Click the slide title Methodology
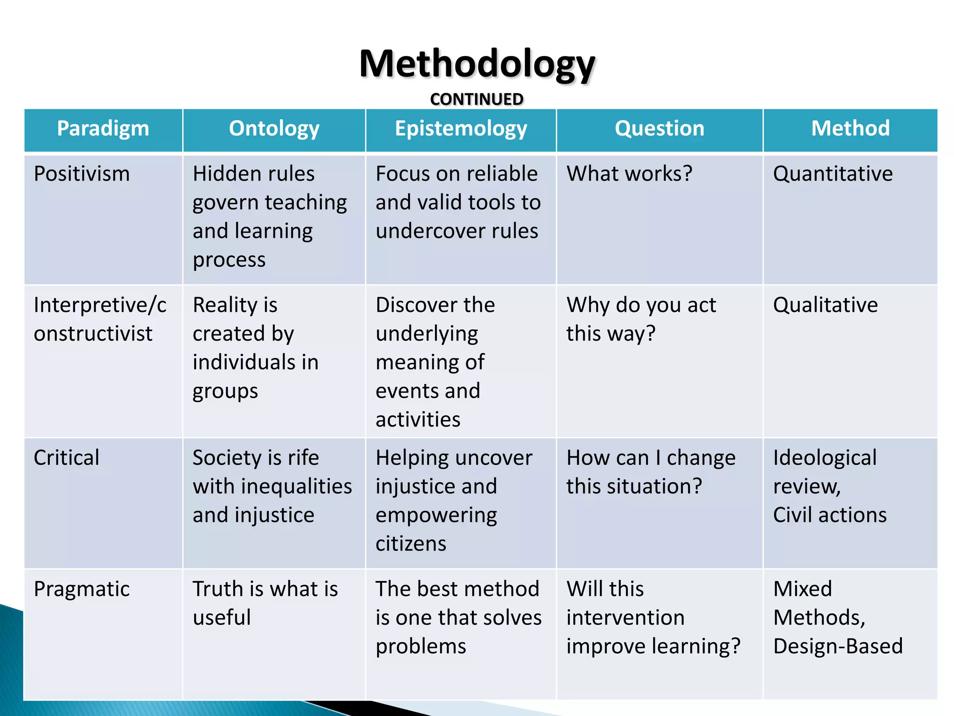coord(477,64)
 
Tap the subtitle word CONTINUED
coord(477,99)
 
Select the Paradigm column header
coord(103,129)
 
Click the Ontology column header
coord(274,129)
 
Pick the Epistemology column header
coord(461,129)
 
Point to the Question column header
coord(659,129)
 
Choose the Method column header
coord(850,129)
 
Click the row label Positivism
coord(82,174)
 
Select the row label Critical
coord(67,458)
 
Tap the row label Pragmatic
coord(82,589)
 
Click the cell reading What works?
coord(629,174)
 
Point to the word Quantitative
coord(833,174)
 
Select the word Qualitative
coord(825,305)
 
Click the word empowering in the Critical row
coord(436,516)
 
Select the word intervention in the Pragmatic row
coord(625,618)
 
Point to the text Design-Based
coord(838,647)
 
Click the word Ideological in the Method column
coord(825,458)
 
